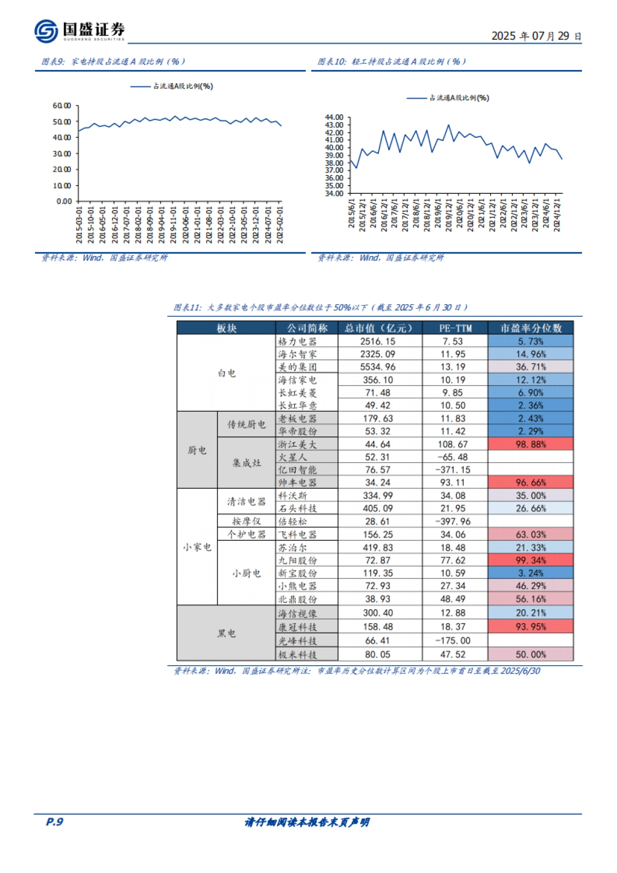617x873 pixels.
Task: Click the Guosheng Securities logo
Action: [x=79, y=31]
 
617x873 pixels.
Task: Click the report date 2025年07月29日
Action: [x=536, y=36]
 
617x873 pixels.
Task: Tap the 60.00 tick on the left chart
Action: [x=62, y=106]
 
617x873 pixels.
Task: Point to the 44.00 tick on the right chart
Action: [x=334, y=118]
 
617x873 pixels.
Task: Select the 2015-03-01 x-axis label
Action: [x=79, y=225]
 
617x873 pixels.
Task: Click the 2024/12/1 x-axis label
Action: [x=557, y=215]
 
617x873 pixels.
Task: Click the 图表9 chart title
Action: [x=113, y=62]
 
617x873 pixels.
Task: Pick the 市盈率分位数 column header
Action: [x=531, y=328]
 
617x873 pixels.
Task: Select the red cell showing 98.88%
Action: [x=531, y=444]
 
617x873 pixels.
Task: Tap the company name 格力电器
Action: [x=297, y=341]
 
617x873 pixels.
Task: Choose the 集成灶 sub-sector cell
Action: [x=246, y=463]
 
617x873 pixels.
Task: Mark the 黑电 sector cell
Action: [x=226, y=633]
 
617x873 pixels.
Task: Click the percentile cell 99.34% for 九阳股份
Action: [x=531, y=560]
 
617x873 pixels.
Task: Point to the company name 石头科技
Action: [x=297, y=508]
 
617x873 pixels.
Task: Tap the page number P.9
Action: [x=55, y=822]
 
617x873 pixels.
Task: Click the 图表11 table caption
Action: [x=321, y=307]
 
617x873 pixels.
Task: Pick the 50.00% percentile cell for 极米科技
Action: [x=531, y=654]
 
